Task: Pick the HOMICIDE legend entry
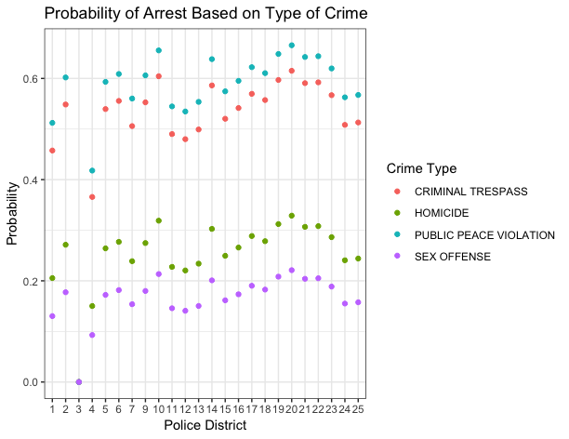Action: [443, 213]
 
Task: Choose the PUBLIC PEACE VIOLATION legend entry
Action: [483, 234]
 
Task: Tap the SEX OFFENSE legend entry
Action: [452, 256]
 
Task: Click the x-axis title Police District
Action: [205, 425]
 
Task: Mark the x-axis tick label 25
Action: [358, 408]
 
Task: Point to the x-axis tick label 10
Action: [159, 408]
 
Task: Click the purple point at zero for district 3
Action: [79, 382]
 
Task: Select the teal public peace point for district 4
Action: [92, 170]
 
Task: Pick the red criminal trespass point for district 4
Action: [92, 197]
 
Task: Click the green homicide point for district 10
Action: [159, 220]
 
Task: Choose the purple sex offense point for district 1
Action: [52, 316]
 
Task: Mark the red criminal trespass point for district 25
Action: [358, 123]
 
